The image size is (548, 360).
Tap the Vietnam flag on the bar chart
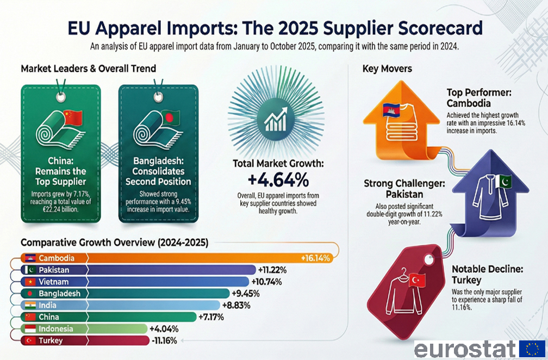coord(29,282)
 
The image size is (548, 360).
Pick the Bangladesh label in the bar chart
coord(59,294)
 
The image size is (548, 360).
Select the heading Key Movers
coord(387,69)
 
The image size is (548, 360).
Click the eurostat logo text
coord(464,349)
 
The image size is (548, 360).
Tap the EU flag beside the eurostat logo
coord(532,349)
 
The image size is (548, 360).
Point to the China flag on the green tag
coord(72,116)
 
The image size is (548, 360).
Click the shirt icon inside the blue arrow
coord(488,200)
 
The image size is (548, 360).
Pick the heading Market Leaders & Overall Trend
coord(88,69)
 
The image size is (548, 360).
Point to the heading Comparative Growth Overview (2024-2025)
coord(114,243)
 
